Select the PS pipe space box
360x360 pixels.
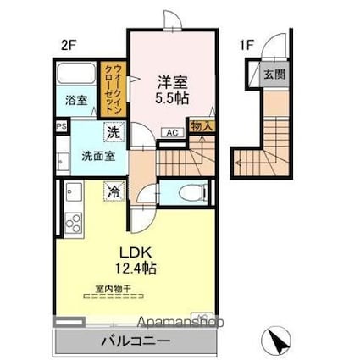[60, 128]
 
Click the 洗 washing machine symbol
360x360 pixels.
[113, 132]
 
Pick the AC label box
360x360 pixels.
[171, 132]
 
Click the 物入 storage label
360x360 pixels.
[202, 126]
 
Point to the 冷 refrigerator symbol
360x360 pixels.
[113, 192]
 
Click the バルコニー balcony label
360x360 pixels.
[136, 341]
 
